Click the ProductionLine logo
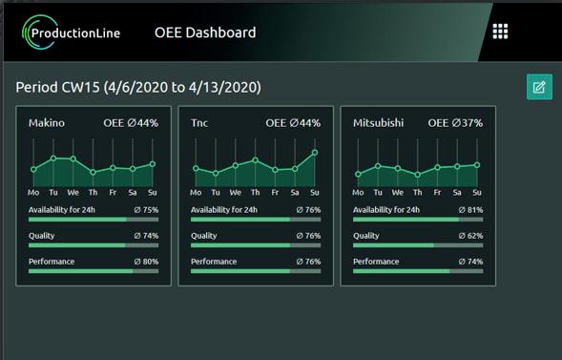(71, 32)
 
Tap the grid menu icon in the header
(500, 32)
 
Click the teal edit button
(539, 87)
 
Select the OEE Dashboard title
(205, 32)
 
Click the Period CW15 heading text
(138, 88)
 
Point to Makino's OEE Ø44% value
(131, 123)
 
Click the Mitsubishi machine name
(378, 123)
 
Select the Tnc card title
(199, 123)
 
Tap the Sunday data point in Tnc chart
(315, 153)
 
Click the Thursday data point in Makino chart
(93, 173)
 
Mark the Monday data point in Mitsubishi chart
(358, 174)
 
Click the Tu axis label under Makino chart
(53, 193)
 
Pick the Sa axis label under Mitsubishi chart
(457, 193)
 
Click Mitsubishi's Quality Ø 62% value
(470, 236)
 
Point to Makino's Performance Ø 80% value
(146, 262)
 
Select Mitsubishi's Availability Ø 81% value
(470, 210)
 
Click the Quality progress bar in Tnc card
(256, 245)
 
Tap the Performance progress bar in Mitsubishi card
(418, 271)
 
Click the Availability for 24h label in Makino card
(62, 210)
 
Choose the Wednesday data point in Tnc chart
(236, 165)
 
